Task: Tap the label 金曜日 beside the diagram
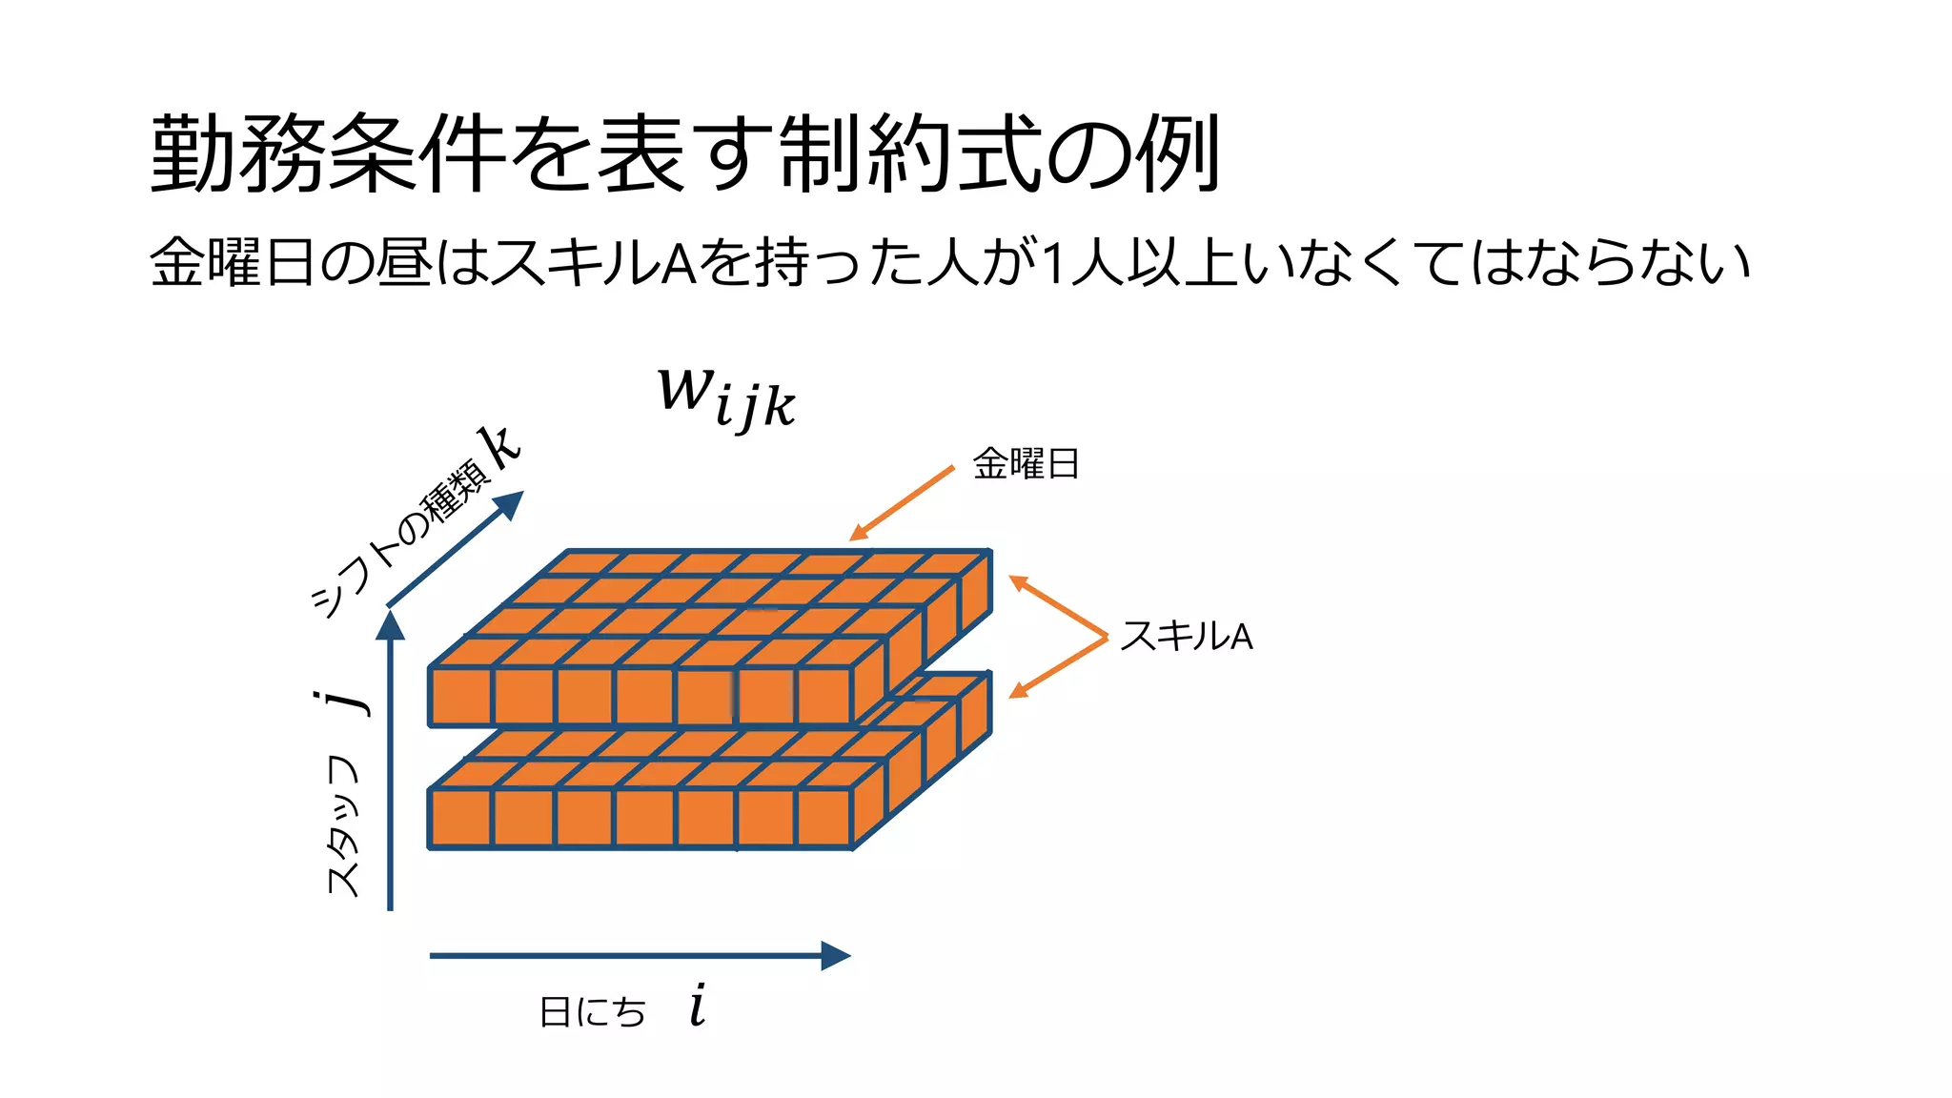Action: tap(1026, 464)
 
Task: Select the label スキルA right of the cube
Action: tap(1186, 636)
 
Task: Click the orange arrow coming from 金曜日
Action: tap(901, 503)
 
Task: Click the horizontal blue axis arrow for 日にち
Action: tap(639, 955)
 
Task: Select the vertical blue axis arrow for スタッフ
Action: tap(390, 762)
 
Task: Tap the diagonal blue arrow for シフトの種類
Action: tap(456, 548)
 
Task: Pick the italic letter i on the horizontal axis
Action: tap(698, 1006)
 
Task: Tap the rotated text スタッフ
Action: tap(343, 825)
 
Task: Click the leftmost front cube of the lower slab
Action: tap(460, 818)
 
